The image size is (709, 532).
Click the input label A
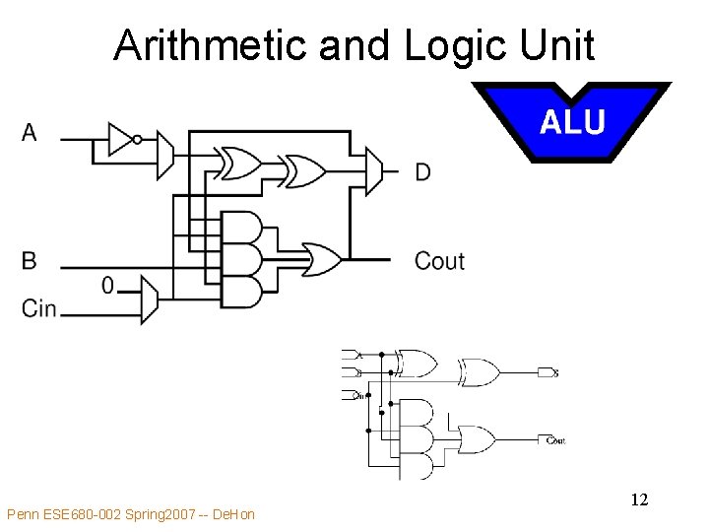point(30,132)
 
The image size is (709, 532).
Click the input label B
point(30,260)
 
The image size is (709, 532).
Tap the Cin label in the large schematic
point(39,308)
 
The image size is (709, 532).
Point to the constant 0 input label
point(107,286)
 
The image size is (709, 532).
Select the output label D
point(422,173)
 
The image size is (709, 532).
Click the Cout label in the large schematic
point(439,261)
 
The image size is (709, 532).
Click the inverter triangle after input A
point(120,139)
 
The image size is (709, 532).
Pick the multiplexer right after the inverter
point(164,154)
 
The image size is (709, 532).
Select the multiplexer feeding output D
point(374,171)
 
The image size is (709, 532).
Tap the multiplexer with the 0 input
point(149,299)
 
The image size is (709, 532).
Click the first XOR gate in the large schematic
point(239,164)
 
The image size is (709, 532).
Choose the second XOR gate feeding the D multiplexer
point(303,170)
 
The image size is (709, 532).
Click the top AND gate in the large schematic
point(242,228)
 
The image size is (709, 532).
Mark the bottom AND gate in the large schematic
point(242,292)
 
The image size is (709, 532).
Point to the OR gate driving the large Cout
point(321,259)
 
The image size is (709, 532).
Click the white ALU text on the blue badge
point(572,122)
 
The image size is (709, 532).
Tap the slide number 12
point(639,500)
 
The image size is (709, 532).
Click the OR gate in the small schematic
point(477,438)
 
